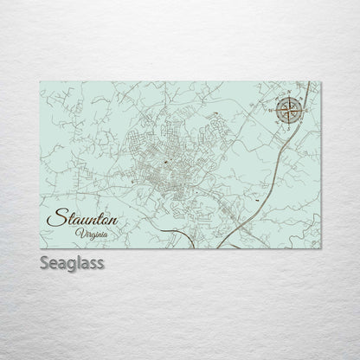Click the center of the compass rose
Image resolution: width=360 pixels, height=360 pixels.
tap(290, 110)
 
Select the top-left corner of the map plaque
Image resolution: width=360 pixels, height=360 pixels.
tap(40, 81)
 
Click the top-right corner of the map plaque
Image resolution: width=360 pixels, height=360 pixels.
tap(321, 81)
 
